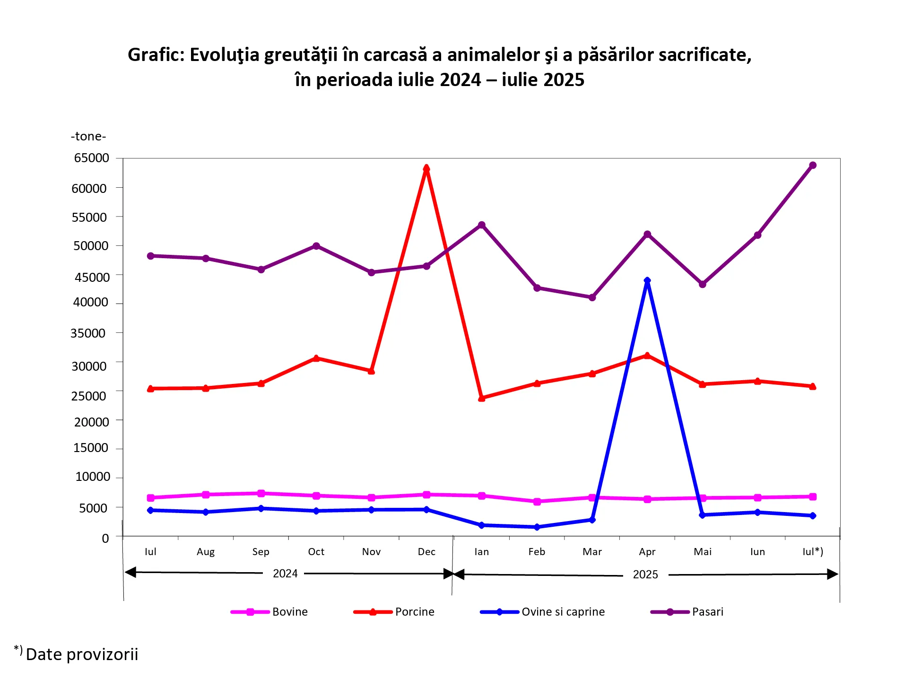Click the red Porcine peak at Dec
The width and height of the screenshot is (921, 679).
(x=426, y=168)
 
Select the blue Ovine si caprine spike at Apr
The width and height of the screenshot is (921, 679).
(x=647, y=280)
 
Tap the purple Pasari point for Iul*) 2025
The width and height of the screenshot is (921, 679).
(x=813, y=165)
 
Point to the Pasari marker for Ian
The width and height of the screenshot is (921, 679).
(x=482, y=225)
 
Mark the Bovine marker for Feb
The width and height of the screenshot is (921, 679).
(x=537, y=502)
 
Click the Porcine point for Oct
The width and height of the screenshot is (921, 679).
(x=316, y=358)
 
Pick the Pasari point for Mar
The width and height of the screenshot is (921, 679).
(x=592, y=297)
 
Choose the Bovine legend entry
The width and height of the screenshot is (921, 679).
(x=269, y=612)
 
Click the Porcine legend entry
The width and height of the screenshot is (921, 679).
(x=394, y=612)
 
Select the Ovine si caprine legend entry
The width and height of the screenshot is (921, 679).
(x=542, y=612)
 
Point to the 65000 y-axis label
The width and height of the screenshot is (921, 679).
(x=92, y=158)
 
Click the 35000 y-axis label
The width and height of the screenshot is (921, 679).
(x=88, y=333)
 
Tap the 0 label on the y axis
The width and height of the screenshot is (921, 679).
(x=105, y=538)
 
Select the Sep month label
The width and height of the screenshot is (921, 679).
(x=261, y=552)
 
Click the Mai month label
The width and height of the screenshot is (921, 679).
(x=703, y=552)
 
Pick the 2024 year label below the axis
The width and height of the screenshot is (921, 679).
(x=285, y=574)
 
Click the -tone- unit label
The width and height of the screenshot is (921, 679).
(x=88, y=137)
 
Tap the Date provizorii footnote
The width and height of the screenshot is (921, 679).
(x=82, y=654)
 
